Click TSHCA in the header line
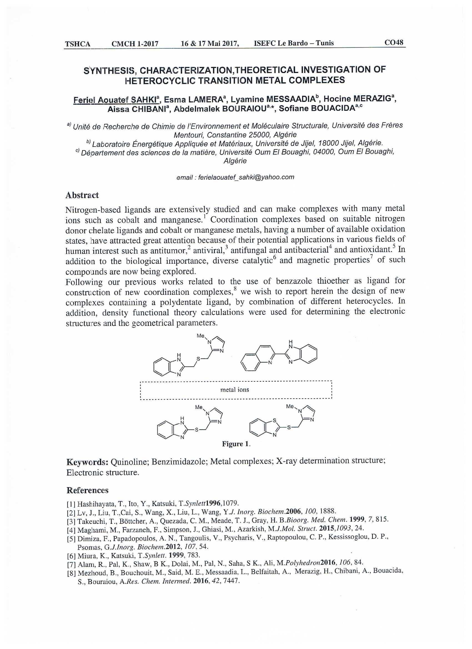click(77, 44)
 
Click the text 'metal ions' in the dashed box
click(234, 389)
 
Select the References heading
click(87, 498)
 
